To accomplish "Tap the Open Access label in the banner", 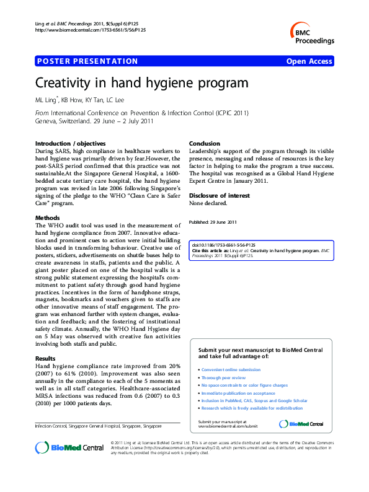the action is click(x=309, y=61).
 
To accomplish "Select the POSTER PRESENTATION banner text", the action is click(x=87, y=61).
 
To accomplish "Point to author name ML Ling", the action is click(x=47, y=100).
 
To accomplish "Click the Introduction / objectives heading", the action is click(x=70, y=143).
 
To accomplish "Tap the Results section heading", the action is click(x=45, y=359).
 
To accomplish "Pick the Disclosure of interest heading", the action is click(x=220, y=195).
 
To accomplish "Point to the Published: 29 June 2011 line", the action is click(x=212, y=222).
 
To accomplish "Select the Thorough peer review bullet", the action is click(x=223, y=377).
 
